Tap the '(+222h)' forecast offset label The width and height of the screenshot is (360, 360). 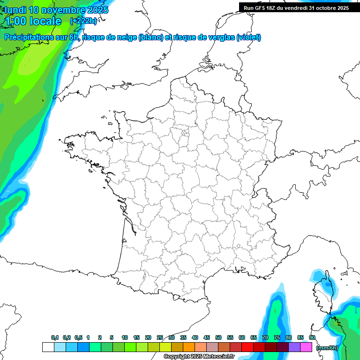pos(83,21)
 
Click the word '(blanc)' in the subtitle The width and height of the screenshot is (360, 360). pos(150,37)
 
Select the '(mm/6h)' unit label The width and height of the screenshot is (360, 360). pos(327,347)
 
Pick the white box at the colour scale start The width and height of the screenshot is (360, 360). pos(48,347)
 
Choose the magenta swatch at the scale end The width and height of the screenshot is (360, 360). pos(306,347)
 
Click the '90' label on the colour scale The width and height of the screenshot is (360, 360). pos(312,337)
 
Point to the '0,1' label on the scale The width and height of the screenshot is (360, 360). pos(55,337)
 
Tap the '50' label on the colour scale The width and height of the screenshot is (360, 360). pos(218,337)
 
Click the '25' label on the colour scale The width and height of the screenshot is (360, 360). pos(160,337)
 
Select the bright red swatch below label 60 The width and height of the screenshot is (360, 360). pos(247,347)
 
